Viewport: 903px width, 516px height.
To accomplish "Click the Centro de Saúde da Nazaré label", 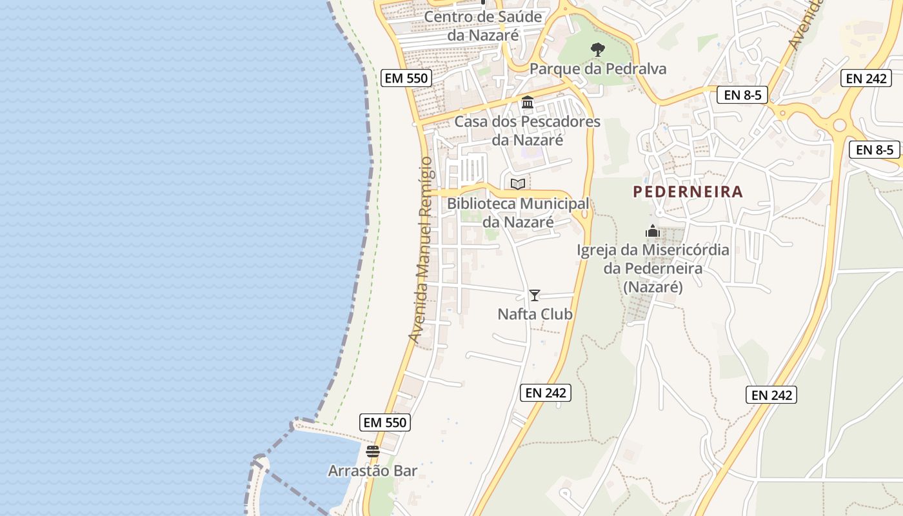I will point(483,26).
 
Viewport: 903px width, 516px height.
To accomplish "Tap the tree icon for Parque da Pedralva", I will point(598,49).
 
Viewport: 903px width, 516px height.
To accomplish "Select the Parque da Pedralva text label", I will point(598,69).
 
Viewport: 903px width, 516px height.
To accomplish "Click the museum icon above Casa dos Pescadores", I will point(528,102).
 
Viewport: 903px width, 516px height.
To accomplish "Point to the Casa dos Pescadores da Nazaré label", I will point(528,130).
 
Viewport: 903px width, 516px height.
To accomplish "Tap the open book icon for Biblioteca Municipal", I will point(518,184).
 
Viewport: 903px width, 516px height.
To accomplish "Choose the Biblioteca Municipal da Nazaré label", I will point(518,213).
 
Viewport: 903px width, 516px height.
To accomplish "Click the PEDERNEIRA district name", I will point(688,192).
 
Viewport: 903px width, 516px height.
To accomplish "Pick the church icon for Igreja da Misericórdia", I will point(653,231).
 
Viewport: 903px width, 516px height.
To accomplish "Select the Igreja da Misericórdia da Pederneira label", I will point(653,268).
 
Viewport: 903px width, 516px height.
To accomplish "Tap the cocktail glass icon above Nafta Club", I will point(535,295).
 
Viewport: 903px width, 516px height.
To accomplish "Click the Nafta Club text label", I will point(535,314).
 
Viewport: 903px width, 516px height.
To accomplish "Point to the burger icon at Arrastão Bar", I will point(373,451).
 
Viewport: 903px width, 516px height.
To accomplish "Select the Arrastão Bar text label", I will point(373,471).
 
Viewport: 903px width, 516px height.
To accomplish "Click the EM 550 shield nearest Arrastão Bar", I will point(385,422).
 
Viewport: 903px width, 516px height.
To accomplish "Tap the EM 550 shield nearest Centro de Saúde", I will point(406,78).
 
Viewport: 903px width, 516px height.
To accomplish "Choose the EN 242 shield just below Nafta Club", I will point(546,392).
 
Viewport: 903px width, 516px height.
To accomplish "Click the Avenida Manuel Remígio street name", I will point(421,248).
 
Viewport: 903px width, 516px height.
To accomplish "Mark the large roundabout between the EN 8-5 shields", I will point(839,125).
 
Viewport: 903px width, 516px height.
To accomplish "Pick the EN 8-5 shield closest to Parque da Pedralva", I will point(742,95).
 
